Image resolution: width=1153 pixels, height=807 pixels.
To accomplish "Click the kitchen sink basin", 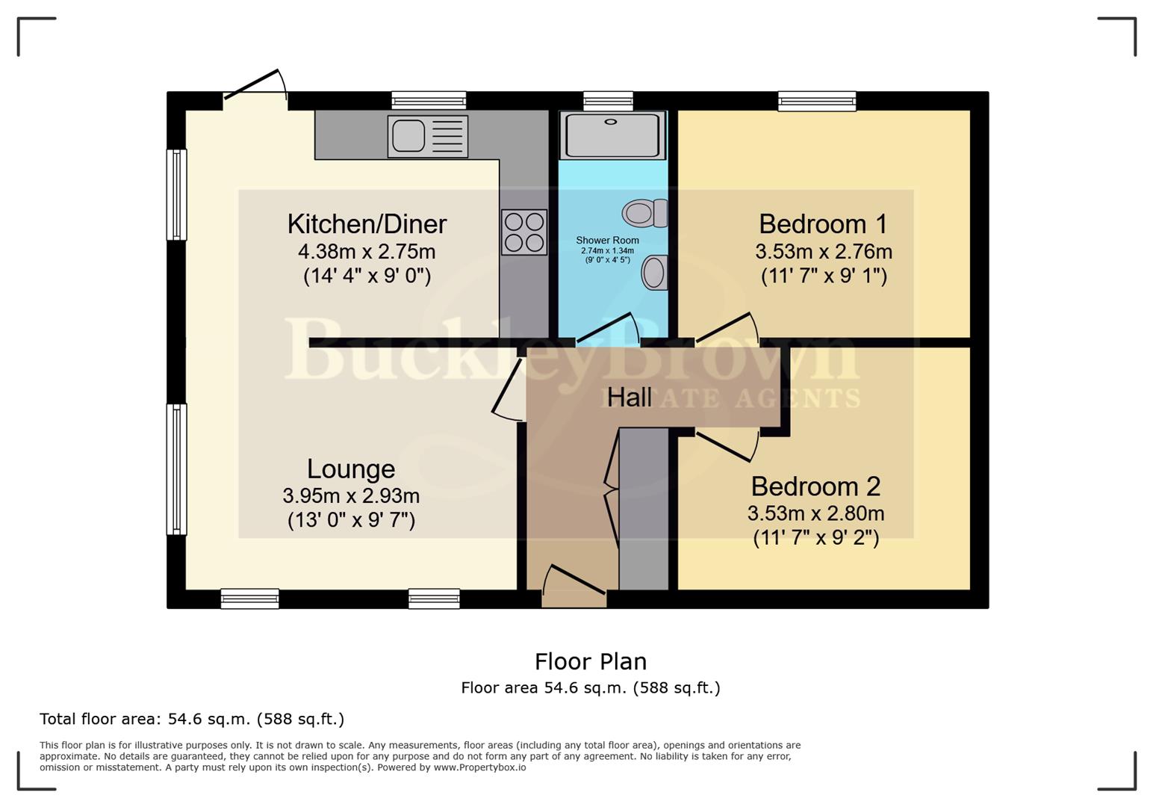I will point(408,136).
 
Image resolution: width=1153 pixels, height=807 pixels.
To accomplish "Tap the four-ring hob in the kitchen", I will point(524,232).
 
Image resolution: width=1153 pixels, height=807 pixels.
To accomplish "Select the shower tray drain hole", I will point(612,122).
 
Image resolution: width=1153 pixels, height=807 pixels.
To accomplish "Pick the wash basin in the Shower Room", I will point(655,272).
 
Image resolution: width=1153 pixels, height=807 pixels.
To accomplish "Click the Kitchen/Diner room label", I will point(367,223).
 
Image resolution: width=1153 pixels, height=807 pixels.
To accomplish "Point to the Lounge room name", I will point(351,469).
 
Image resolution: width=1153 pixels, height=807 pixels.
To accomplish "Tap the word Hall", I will point(629,398).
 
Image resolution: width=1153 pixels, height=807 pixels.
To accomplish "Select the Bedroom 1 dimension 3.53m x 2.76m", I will point(823,251).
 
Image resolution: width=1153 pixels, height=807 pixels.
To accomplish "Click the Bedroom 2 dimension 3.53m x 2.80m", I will point(815,513).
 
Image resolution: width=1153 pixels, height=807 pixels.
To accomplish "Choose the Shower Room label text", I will point(607,240).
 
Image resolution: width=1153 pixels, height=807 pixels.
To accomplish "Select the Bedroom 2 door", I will point(727,445).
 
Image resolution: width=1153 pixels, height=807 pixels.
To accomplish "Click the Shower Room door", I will point(608,330).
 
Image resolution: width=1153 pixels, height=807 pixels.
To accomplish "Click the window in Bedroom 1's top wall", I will point(817,100).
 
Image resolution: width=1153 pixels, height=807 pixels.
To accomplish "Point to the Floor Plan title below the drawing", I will point(590,661).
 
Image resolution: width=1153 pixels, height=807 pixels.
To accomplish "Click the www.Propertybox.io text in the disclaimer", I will point(479,767).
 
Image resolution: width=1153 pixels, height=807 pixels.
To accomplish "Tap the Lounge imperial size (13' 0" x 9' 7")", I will point(351,519).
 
